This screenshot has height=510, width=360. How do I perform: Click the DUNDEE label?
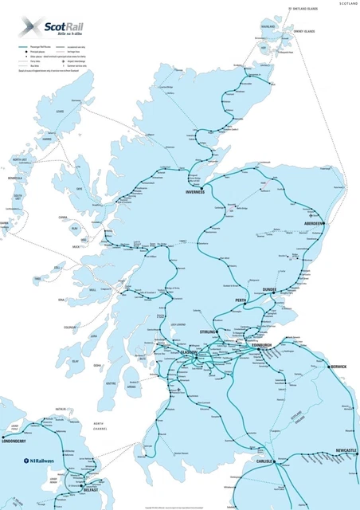pyautogui.click(x=264, y=289)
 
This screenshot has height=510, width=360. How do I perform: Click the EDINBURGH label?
pyautogui.click(x=261, y=345)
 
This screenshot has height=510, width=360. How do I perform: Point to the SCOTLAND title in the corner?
pyautogui.click(x=348, y=4)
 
